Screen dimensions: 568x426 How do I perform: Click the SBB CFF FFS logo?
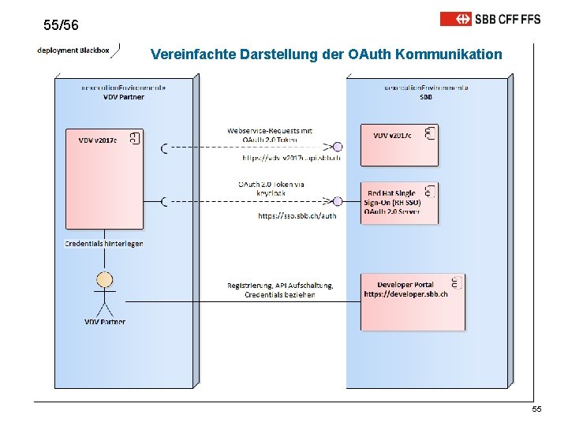490,18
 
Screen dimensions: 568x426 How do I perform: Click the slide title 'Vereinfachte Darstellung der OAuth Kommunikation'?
325,54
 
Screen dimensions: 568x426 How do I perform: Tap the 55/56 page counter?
62,26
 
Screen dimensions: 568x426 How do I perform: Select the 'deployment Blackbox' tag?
73,50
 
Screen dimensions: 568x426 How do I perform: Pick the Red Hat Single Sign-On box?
399,204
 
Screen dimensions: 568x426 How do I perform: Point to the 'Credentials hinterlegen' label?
104,244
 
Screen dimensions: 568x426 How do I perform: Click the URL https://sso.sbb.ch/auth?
297,215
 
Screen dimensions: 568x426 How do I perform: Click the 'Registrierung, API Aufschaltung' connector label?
280,290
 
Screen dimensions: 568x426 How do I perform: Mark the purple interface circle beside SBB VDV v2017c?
338,147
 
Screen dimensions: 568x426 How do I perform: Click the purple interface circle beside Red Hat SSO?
338,202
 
